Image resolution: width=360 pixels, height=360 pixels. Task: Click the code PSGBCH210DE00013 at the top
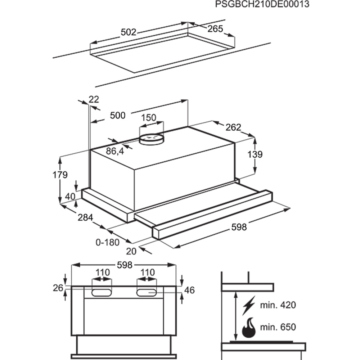click(262, 5)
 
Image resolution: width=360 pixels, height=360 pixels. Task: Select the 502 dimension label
click(128, 32)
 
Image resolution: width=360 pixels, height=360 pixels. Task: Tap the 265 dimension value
click(216, 29)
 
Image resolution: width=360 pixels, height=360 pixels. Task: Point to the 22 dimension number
click(94, 99)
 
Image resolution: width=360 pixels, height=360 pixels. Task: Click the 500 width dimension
click(118, 115)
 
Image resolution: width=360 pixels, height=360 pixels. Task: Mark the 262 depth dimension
click(233, 127)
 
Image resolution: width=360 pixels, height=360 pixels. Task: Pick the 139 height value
click(255, 154)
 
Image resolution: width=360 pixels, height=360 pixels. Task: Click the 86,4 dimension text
click(115, 151)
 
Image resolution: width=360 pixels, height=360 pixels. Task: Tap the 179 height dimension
click(60, 175)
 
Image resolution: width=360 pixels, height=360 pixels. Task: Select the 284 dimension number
click(85, 217)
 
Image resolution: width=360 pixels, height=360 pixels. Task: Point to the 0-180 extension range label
click(107, 242)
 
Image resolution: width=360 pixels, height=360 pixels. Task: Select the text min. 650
click(278, 327)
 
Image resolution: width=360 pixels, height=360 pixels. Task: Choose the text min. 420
click(278, 305)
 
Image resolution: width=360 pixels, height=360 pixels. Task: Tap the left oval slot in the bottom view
click(102, 293)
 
